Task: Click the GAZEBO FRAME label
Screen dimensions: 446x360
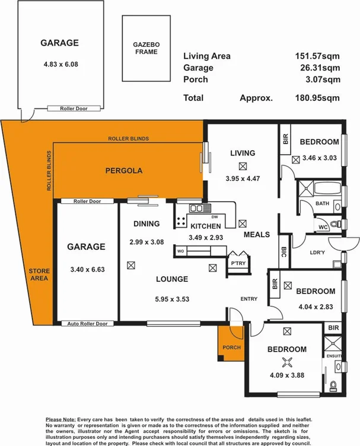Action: click(146, 49)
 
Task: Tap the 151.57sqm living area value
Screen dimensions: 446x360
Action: click(318, 56)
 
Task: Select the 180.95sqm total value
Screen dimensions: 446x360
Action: click(318, 98)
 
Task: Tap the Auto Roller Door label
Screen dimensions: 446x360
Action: click(88, 324)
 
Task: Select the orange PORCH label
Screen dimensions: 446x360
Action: click(230, 347)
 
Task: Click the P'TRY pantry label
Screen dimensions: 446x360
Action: click(238, 264)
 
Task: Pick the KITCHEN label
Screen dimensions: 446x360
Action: click(205, 226)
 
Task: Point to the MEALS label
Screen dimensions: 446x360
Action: click(257, 234)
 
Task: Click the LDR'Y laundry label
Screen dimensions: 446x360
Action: click(317, 251)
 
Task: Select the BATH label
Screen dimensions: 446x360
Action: click(322, 203)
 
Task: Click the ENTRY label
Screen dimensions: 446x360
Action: click(248, 299)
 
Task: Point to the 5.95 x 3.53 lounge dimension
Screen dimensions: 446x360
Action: click(171, 299)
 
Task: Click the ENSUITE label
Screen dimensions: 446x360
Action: click(333, 355)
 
